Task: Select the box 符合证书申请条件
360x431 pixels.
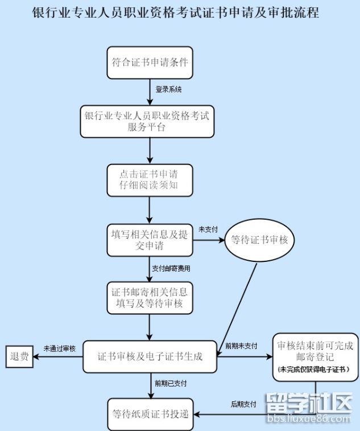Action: (150, 62)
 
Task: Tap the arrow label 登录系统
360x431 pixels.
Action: (169, 89)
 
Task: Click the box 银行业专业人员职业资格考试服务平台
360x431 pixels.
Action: (147, 121)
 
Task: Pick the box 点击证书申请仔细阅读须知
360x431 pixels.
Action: (150, 180)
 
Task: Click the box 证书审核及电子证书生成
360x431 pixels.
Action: (150, 357)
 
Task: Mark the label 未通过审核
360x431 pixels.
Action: (59, 348)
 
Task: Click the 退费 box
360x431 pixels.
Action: (19, 358)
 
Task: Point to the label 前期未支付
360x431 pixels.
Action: (241, 346)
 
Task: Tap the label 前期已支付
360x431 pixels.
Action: (171, 383)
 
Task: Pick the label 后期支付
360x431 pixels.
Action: (243, 404)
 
